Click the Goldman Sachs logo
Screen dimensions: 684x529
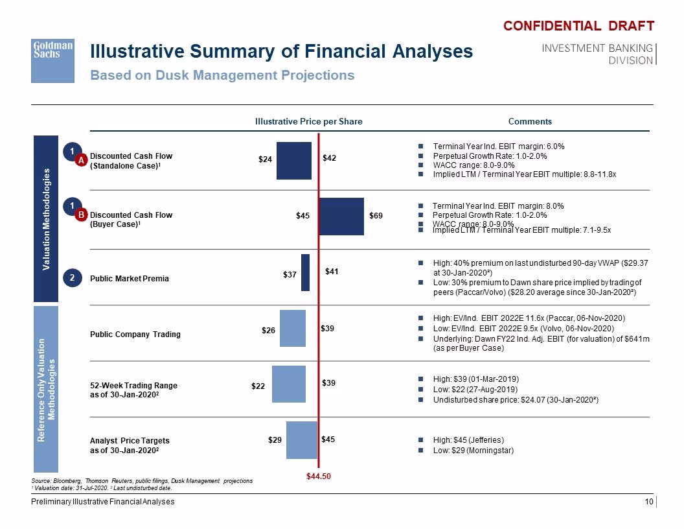(x=52, y=61)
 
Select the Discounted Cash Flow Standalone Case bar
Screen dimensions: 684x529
(x=294, y=161)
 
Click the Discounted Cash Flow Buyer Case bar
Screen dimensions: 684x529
(x=341, y=217)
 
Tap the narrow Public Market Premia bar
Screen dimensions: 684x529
(x=305, y=273)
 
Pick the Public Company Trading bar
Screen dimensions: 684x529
(x=293, y=328)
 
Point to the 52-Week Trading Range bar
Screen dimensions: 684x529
(x=289, y=384)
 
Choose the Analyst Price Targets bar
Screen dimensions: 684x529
(x=302, y=440)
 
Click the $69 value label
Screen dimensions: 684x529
(x=376, y=216)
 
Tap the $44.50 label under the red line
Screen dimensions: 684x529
(x=319, y=476)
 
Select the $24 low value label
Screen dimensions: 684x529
(x=265, y=159)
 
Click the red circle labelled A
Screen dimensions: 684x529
(x=81, y=161)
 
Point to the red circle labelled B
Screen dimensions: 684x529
(x=81, y=215)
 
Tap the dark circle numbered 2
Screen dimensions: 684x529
(x=73, y=278)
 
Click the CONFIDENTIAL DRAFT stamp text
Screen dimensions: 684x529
(x=579, y=26)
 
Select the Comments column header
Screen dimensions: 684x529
(x=530, y=122)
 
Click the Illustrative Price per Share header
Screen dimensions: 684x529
(x=309, y=122)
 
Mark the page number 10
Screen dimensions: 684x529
(x=649, y=502)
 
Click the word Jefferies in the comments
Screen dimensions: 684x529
(x=485, y=440)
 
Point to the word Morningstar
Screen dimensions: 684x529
(x=490, y=451)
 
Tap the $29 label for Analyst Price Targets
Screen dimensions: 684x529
(x=275, y=440)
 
